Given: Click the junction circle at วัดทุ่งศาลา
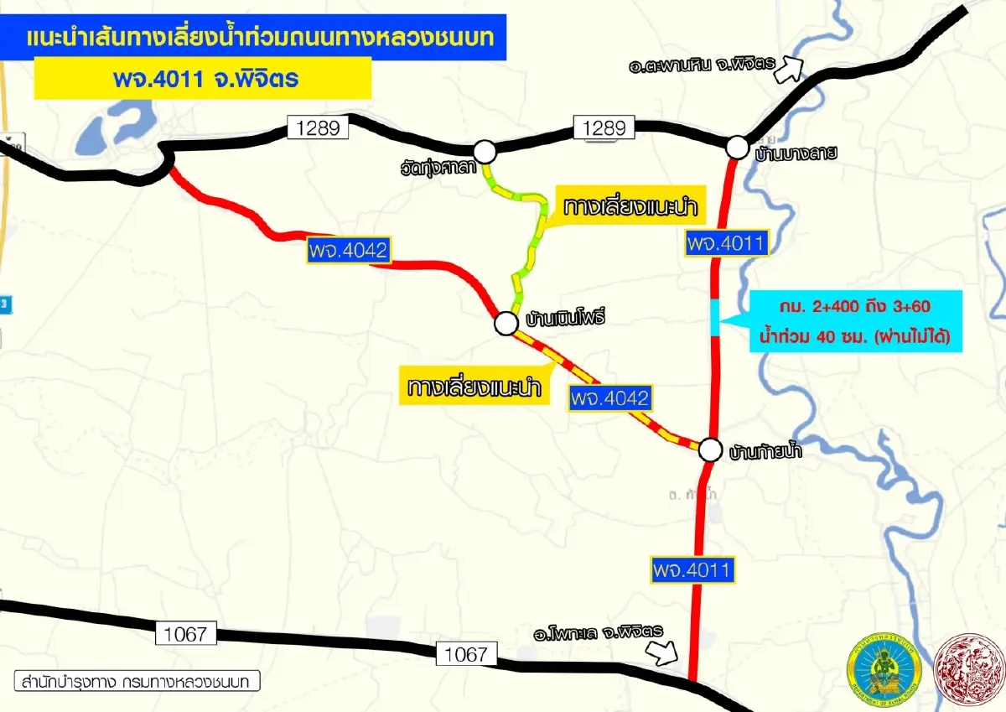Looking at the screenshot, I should tap(485, 152).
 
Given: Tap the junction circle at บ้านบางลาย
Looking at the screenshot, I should tap(737, 147).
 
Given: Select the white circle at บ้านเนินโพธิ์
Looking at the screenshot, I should tap(506, 323).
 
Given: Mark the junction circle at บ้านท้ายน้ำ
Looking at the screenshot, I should tap(710, 450).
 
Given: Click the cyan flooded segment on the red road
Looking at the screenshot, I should tap(714, 316).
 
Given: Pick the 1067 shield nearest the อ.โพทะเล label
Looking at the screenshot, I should tap(465, 654).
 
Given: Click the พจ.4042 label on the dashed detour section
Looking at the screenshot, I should tap(609, 398).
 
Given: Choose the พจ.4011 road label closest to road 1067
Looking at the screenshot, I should tap(692, 571).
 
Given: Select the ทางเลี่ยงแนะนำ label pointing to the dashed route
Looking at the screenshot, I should tap(474, 388).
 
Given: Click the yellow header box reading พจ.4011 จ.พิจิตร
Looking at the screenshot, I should tap(202, 79).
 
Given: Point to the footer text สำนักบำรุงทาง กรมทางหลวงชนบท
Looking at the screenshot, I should tap(137, 680).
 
